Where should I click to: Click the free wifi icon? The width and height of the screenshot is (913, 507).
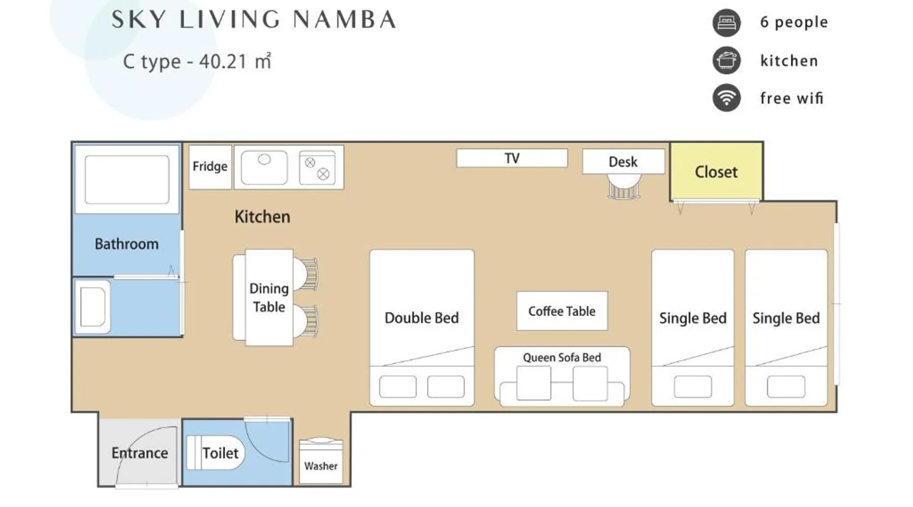pos(726,98)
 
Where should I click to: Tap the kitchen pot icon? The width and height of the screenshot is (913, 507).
pos(726,60)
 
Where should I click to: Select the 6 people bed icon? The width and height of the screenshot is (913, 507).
pos(726,23)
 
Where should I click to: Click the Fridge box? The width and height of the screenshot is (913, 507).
pos(210,167)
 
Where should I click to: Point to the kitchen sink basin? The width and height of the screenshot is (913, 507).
pos(264,167)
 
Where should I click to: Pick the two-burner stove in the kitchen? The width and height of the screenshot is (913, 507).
pos(317,167)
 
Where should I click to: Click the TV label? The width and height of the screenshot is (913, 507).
pos(512,158)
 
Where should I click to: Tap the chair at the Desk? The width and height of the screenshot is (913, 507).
pos(624,186)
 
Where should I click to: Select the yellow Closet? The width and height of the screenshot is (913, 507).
pos(716,171)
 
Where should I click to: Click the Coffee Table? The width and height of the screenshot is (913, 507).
pos(562,311)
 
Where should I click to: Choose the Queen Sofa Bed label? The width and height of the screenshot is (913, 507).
pos(562,357)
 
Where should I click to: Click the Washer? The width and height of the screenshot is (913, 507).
pos(321,461)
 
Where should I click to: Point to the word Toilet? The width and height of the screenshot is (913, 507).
pos(220,453)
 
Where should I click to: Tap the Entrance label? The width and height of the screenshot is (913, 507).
pos(139,453)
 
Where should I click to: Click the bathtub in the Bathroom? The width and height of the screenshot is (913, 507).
pos(127,179)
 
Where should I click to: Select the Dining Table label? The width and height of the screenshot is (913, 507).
pos(269,298)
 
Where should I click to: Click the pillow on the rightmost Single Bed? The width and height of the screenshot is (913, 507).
pos(786,387)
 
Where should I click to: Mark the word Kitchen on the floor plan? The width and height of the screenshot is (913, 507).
pos(262,216)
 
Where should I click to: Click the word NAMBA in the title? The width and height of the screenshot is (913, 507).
pos(344,19)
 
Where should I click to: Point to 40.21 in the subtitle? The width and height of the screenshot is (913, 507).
pos(223,61)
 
